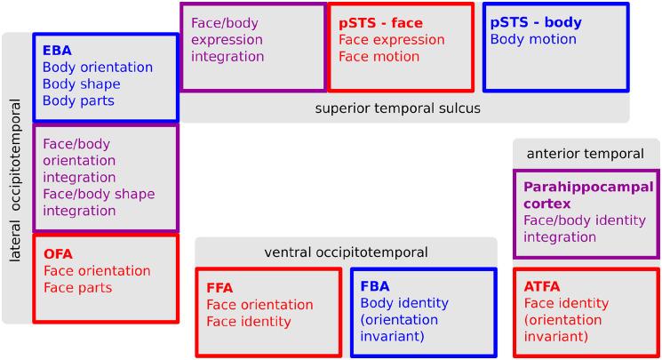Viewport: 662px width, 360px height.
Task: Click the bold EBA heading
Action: [x=58, y=51]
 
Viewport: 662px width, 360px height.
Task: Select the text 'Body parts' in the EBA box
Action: [x=78, y=101]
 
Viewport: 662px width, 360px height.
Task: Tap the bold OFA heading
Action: [x=58, y=254]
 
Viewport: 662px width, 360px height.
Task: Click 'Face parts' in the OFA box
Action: [x=77, y=288]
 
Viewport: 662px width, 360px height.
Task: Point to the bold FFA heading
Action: [x=220, y=288]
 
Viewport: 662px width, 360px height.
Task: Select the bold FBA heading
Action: [x=375, y=287]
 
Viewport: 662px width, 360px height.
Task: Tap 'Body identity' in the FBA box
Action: [x=404, y=304]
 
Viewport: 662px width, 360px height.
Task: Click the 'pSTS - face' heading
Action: [x=380, y=22]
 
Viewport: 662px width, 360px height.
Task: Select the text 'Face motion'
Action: [x=379, y=57]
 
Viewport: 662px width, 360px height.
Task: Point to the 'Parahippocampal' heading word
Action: [x=588, y=188]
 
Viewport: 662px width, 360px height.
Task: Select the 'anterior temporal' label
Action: [x=585, y=154]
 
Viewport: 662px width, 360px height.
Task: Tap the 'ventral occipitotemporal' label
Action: [x=346, y=253]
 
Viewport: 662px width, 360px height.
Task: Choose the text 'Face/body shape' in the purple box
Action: [x=98, y=195]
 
